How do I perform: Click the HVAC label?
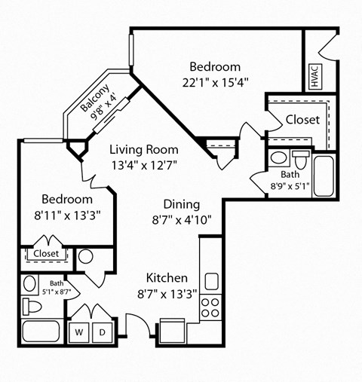pos(314,77)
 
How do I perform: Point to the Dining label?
pos(182,204)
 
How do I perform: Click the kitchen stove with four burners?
pos(211,307)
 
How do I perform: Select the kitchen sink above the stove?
pos(211,281)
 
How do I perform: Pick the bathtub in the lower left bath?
pos(42,332)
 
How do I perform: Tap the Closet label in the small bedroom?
pos(46,254)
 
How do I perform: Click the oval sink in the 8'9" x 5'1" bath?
pos(278,158)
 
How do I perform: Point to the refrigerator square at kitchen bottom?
pos(173,331)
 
